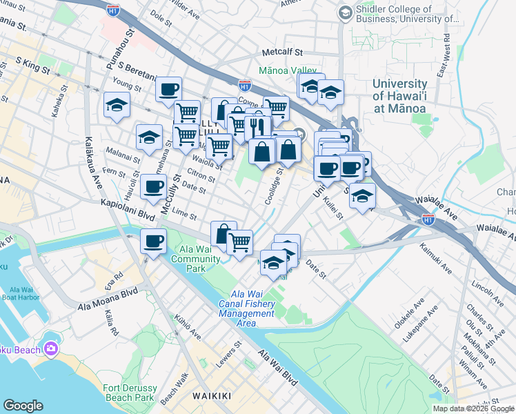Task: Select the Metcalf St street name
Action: point(282,52)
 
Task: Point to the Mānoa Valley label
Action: point(287,70)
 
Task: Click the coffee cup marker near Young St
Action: point(169,89)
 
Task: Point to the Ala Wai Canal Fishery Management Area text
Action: point(248,304)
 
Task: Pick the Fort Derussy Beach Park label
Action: point(129,393)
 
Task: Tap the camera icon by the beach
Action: point(50,349)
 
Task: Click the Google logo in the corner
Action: point(23,406)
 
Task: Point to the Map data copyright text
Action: point(473,408)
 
